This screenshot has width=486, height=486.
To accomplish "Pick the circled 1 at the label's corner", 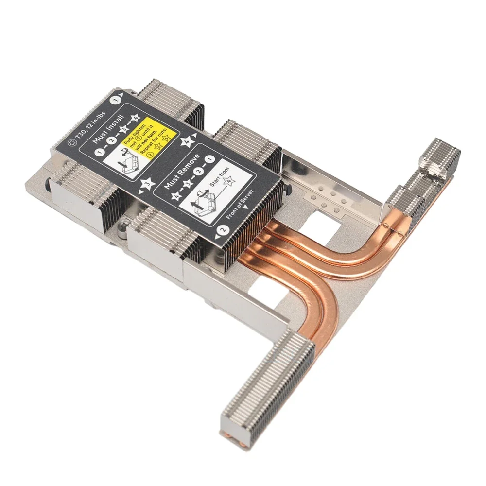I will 116,99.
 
